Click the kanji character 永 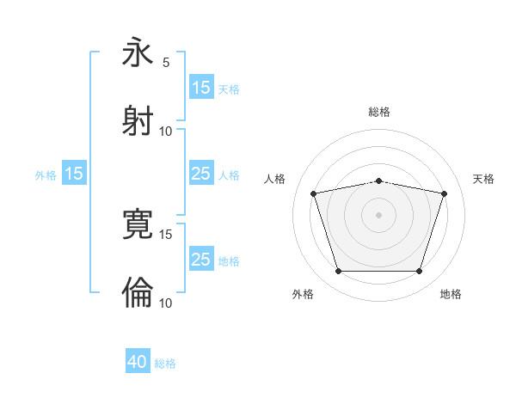point(138,53)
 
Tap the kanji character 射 point(138,120)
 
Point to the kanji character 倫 point(138,292)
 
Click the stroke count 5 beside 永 point(166,62)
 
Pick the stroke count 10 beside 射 point(166,131)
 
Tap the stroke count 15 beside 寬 point(166,234)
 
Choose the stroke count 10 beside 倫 point(166,303)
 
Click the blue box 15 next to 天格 point(201,88)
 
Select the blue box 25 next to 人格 point(201,174)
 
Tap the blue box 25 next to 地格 point(201,260)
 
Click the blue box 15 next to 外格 point(74,174)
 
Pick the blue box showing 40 point(138,362)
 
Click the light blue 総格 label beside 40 point(165,363)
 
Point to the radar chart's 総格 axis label point(379,112)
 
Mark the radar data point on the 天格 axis point(444,193)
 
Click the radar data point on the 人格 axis point(314,193)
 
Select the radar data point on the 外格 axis point(338,272)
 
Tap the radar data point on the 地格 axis point(419,272)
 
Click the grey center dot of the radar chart point(379,215)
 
